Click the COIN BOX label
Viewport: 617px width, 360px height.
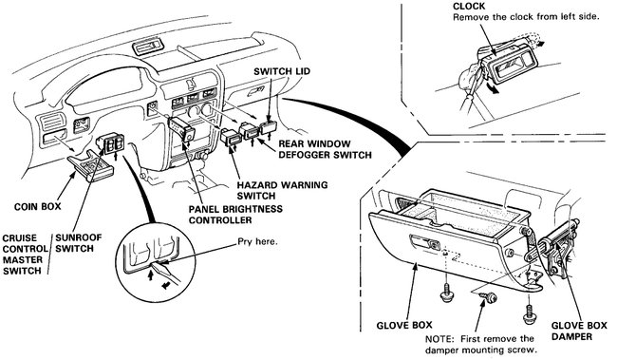(x=37, y=206)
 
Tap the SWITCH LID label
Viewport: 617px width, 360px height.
(x=282, y=71)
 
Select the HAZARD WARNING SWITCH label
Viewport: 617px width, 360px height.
(x=282, y=190)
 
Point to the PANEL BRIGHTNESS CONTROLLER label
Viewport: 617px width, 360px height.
(x=235, y=215)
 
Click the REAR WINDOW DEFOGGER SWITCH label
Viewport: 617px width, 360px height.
(x=325, y=149)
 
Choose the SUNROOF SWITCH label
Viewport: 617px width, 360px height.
(x=78, y=243)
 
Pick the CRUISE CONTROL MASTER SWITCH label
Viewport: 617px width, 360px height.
(x=25, y=254)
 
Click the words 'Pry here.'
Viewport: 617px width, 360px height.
(x=257, y=241)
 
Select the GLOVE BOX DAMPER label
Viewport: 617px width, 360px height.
(x=579, y=331)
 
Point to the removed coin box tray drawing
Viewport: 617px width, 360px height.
(x=90, y=166)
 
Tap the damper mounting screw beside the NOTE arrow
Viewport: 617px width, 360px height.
(x=491, y=297)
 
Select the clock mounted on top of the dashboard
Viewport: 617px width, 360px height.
(x=147, y=47)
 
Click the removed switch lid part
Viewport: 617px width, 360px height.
(x=269, y=127)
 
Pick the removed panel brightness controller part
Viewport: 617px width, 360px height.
(x=181, y=129)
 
